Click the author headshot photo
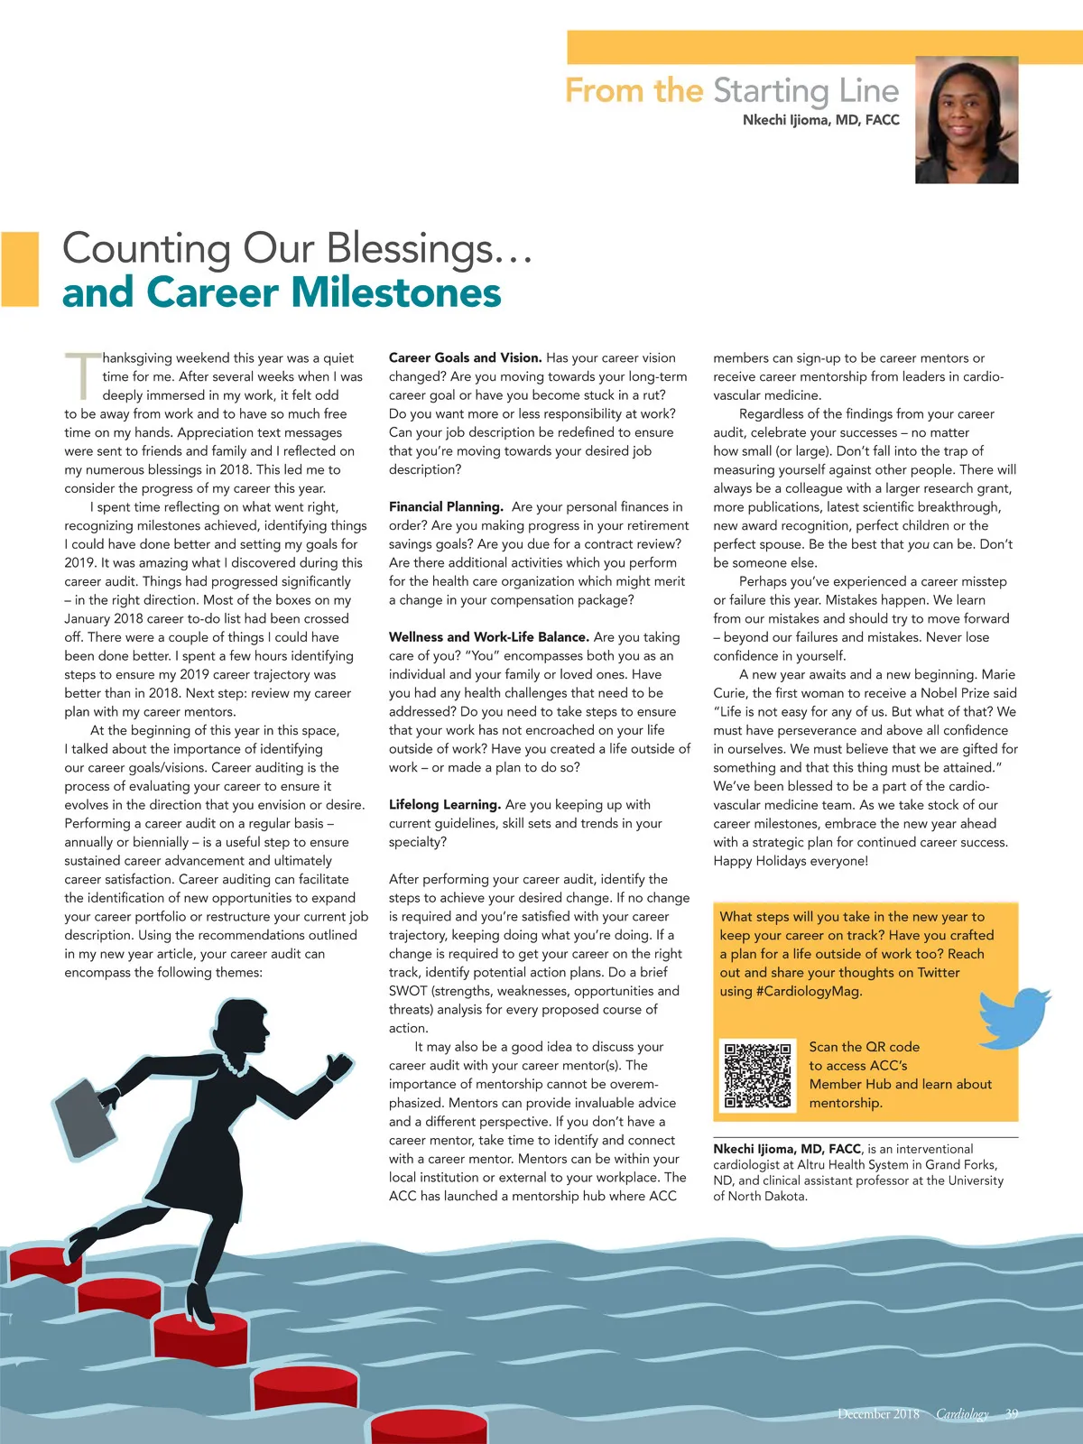tap(967, 120)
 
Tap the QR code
tap(757, 1075)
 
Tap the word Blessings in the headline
tap(410, 249)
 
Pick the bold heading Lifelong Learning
tap(444, 805)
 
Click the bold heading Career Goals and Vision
tap(465, 358)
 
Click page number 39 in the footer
tap(1012, 1414)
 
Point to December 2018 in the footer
tap(878, 1414)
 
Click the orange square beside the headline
tap(20, 269)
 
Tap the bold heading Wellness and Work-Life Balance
tap(488, 637)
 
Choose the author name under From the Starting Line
tap(820, 120)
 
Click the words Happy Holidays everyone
tap(791, 861)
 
